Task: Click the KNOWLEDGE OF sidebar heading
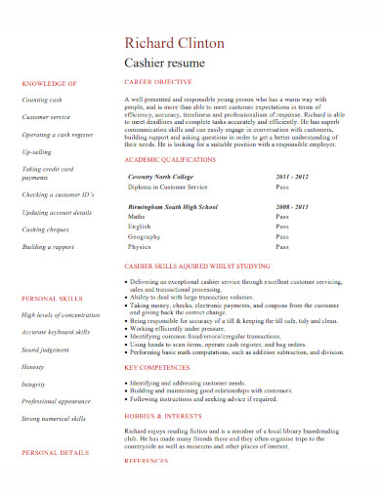pyautogui.click(x=50, y=84)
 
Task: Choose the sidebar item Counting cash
pyautogui.click(x=42, y=101)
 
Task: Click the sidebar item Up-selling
pyautogui.click(x=37, y=151)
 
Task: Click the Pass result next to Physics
pyautogui.click(x=282, y=247)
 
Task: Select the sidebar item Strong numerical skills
pyautogui.click(x=54, y=418)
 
